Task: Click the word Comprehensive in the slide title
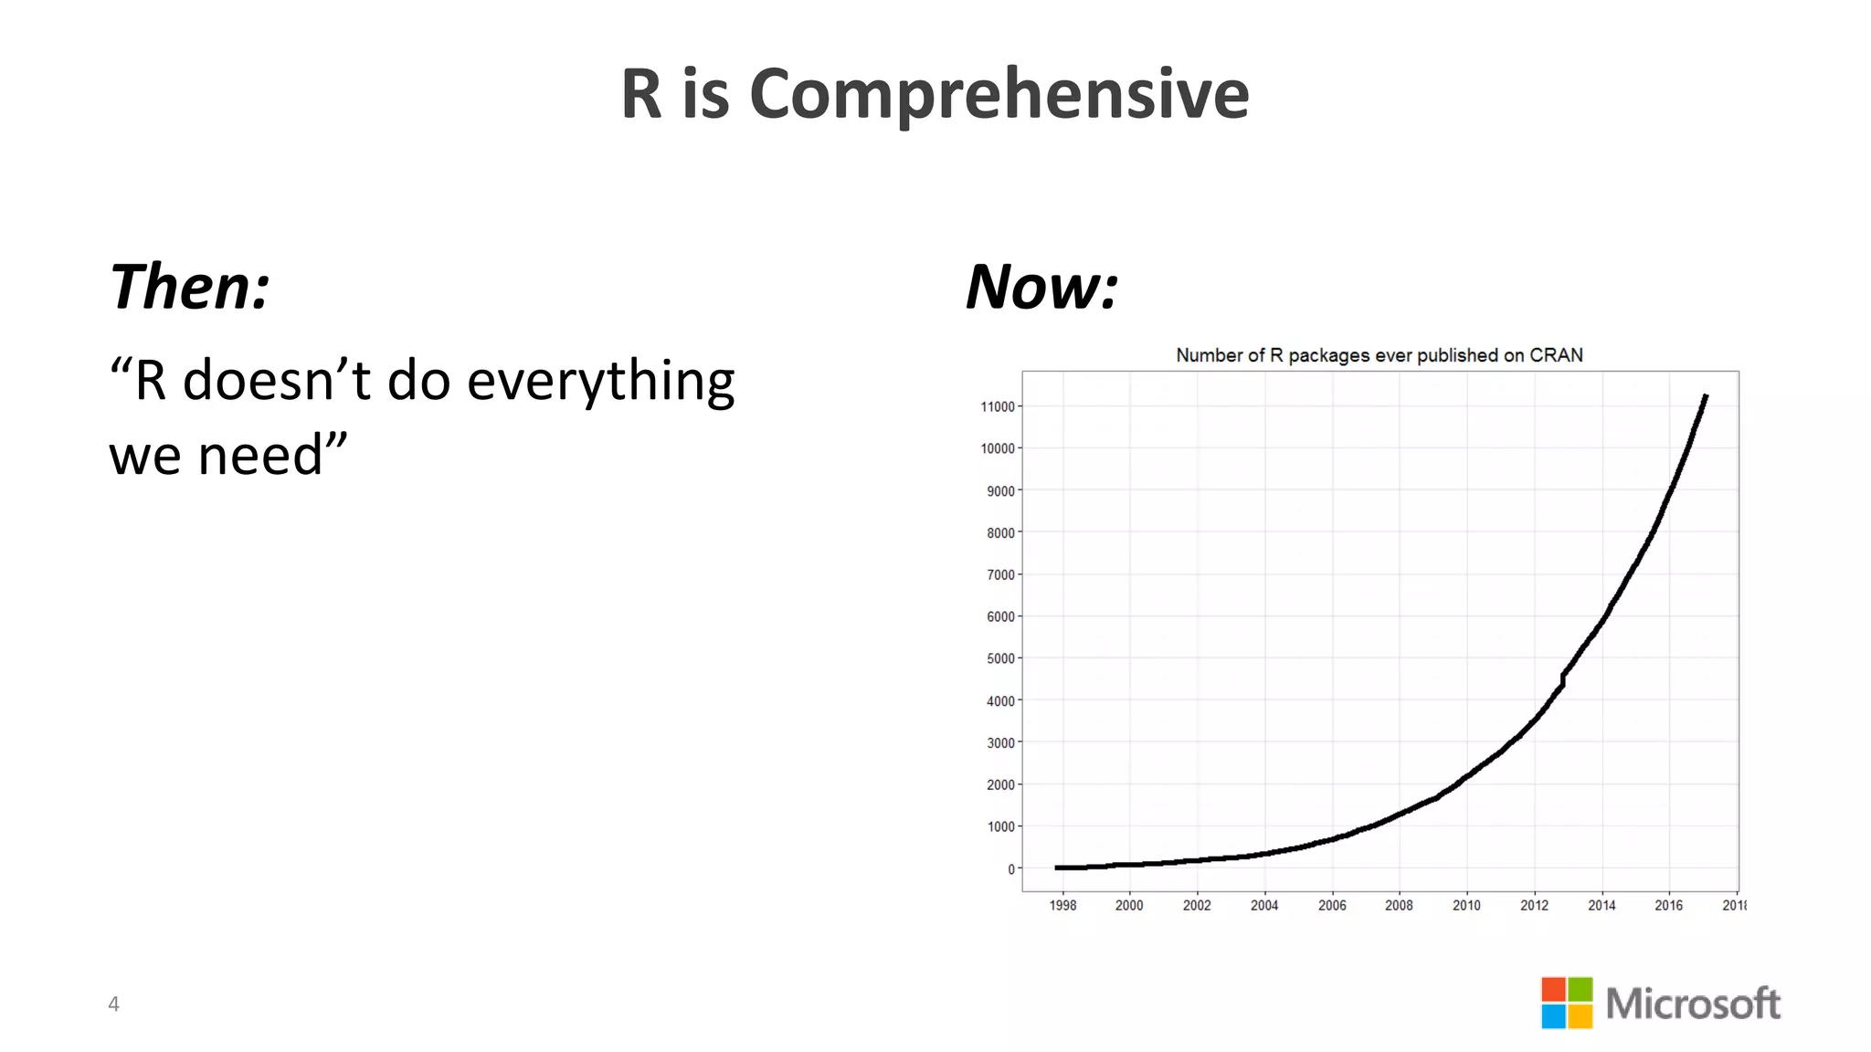click(999, 94)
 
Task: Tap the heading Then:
click(189, 287)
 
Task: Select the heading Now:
click(1041, 287)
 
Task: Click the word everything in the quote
click(600, 381)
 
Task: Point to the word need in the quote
click(260, 456)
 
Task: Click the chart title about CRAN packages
click(1379, 355)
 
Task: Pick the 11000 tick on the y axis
click(998, 407)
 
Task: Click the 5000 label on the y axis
click(1000, 659)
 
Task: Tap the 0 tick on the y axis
click(1011, 869)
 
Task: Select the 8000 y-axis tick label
click(1000, 533)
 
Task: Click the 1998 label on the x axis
click(1062, 906)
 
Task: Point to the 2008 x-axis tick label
click(1399, 906)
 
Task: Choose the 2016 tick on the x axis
click(1668, 906)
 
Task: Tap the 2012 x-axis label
click(1534, 906)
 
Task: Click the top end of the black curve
click(1705, 397)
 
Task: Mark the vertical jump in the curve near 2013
click(1563, 680)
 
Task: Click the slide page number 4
click(113, 1005)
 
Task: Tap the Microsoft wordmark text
click(1693, 1004)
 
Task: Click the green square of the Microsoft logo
click(1580, 989)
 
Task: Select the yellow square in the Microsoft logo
click(1580, 1016)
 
